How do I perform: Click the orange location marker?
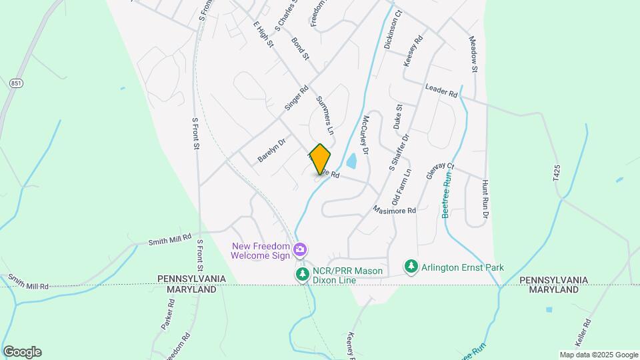[x=320, y=159]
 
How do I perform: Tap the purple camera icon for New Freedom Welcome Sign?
[x=300, y=249]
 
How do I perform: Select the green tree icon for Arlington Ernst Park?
[x=411, y=267]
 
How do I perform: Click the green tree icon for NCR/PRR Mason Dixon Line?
[x=302, y=275]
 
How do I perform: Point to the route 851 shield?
[x=16, y=83]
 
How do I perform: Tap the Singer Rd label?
[x=296, y=98]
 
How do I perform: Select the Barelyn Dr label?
[x=271, y=151]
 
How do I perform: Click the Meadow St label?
[x=474, y=55]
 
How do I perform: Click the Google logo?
[x=22, y=352]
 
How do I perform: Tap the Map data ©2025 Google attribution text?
[x=599, y=355]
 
